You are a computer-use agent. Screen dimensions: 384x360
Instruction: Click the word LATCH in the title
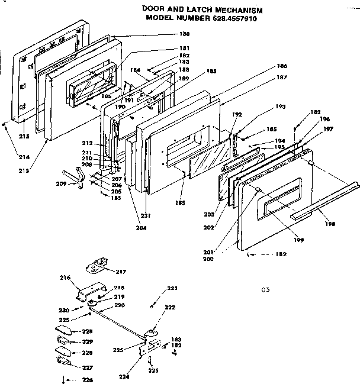coord(203,11)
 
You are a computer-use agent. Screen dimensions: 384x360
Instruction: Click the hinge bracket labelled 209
coord(73,177)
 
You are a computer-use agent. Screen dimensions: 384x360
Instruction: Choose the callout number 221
coord(172,288)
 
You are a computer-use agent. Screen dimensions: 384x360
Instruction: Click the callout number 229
coord(87,341)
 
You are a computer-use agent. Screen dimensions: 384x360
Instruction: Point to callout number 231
coord(145,215)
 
